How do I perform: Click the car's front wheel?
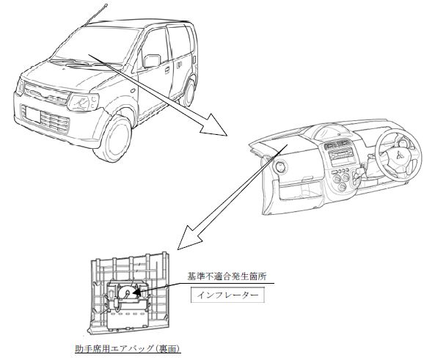click(113, 139)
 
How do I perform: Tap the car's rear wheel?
click(188, 92)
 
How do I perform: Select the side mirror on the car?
click(152, 61)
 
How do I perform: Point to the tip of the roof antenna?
click(106, 4)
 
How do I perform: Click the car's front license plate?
click(33, 114)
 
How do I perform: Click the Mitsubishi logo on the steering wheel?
click(399, 155)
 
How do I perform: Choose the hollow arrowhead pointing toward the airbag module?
click(190, 238)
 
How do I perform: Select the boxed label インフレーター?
click(227, 295)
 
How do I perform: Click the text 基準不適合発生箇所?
click(227, 276)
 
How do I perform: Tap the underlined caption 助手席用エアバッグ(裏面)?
click(128, 349)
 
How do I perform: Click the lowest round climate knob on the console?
click(343, 187)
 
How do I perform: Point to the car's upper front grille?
click(45, 94)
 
